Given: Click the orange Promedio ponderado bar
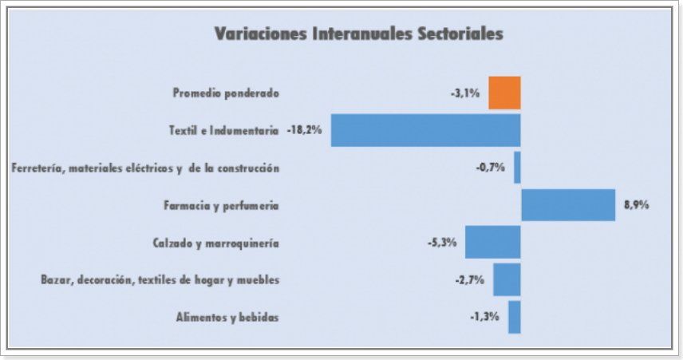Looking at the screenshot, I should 504,93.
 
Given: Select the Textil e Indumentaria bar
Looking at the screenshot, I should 425,130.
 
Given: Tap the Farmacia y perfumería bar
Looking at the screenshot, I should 568,205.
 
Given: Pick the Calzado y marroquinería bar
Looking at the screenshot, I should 492,242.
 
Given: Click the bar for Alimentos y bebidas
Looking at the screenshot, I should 514,317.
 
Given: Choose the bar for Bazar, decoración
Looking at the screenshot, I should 507,279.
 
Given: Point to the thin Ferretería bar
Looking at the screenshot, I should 517,168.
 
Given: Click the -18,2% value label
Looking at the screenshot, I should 304,130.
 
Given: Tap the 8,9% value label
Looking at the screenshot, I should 637,205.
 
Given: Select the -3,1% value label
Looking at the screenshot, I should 465,93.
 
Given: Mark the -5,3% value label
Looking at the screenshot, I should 442,242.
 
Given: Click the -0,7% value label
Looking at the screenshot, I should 491,168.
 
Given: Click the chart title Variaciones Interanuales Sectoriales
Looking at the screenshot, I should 358,34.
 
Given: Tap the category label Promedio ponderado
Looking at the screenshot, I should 226,93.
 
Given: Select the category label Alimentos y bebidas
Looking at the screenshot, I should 227,317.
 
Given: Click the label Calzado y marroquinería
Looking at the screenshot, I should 215,243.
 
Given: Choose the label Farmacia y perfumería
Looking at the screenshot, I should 220,205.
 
